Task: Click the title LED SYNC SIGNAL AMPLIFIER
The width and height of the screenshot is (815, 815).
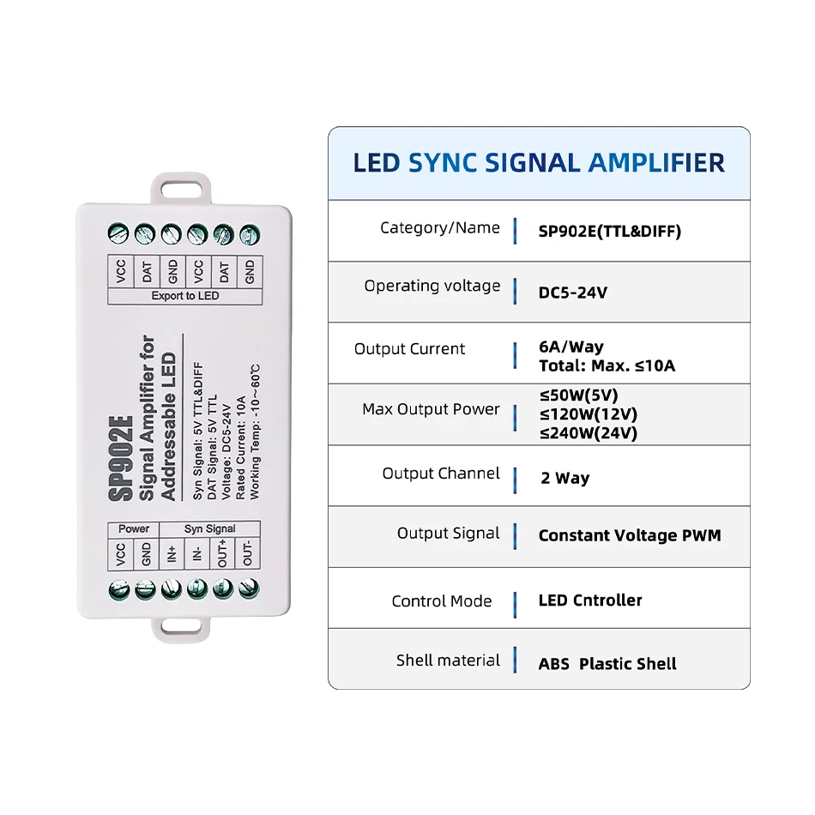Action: point(539,163)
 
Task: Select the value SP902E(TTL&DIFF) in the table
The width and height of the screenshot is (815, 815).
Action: point(609,232)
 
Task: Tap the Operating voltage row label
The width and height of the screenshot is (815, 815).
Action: point(432,286)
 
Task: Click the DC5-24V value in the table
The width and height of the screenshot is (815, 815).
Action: point(572,293)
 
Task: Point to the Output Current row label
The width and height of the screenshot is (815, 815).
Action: point(409,349)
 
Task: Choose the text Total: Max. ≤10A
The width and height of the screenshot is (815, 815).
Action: point(607,366)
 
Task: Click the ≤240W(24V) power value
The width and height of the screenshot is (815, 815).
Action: point(588,433)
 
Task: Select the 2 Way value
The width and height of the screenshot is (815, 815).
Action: point(564,479)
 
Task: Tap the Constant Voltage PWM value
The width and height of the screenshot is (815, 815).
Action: point(630,536)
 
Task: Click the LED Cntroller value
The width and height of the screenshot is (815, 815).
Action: point(590,601)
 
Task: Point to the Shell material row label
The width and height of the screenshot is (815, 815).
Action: point(448,661)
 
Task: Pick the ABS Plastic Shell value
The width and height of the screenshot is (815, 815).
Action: point(607,664)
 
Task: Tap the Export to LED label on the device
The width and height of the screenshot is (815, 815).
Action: point(184,296)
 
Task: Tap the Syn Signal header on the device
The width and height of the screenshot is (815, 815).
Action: point(209,528)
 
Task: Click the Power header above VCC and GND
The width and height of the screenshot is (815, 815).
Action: point(134,528)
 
